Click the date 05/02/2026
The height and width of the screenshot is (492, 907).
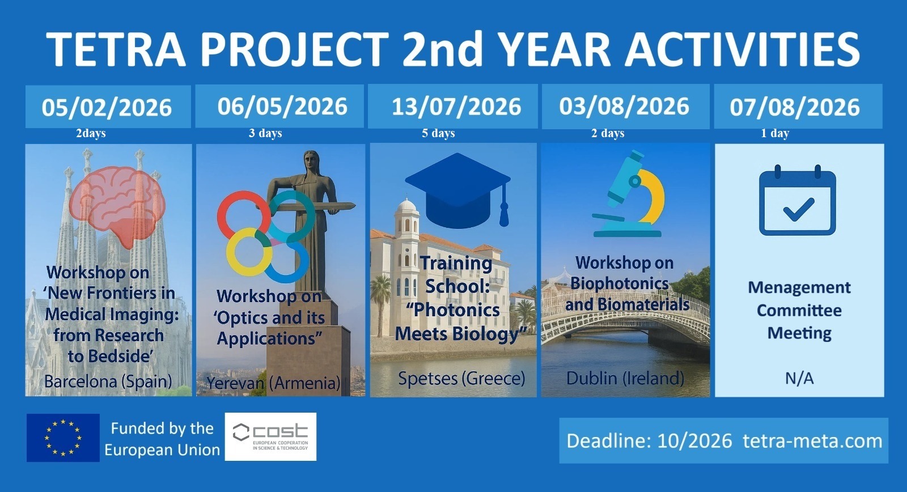click(x=107, y=108)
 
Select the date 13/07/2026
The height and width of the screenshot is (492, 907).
click(x=456, y=107)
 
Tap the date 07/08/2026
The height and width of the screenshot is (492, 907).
click(x=795, y=107)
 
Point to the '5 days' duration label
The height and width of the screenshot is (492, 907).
click(x=438, y=133)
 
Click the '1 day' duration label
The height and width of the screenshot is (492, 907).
click(x=775, y=133)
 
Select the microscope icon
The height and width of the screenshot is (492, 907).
click(x=628, y=194)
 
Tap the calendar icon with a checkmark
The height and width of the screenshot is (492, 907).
click(x=797, y=201)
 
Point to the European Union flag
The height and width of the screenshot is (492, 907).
click(x=63, y=438)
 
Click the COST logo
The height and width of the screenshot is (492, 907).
click(x=270, y=436)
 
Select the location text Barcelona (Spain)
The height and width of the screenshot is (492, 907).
click(x=108, y=381)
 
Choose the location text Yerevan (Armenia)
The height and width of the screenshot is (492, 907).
click(x=273, y=383)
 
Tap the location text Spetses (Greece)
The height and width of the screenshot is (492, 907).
click(x=461, y=379)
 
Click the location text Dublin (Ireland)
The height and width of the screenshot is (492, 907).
click(x=625, y=379)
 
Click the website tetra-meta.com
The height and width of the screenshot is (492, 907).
click(x=813, y=441)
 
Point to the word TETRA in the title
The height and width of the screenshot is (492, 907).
click(x=116, y=49)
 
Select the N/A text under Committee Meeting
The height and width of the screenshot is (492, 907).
click(x=799, y=379)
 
